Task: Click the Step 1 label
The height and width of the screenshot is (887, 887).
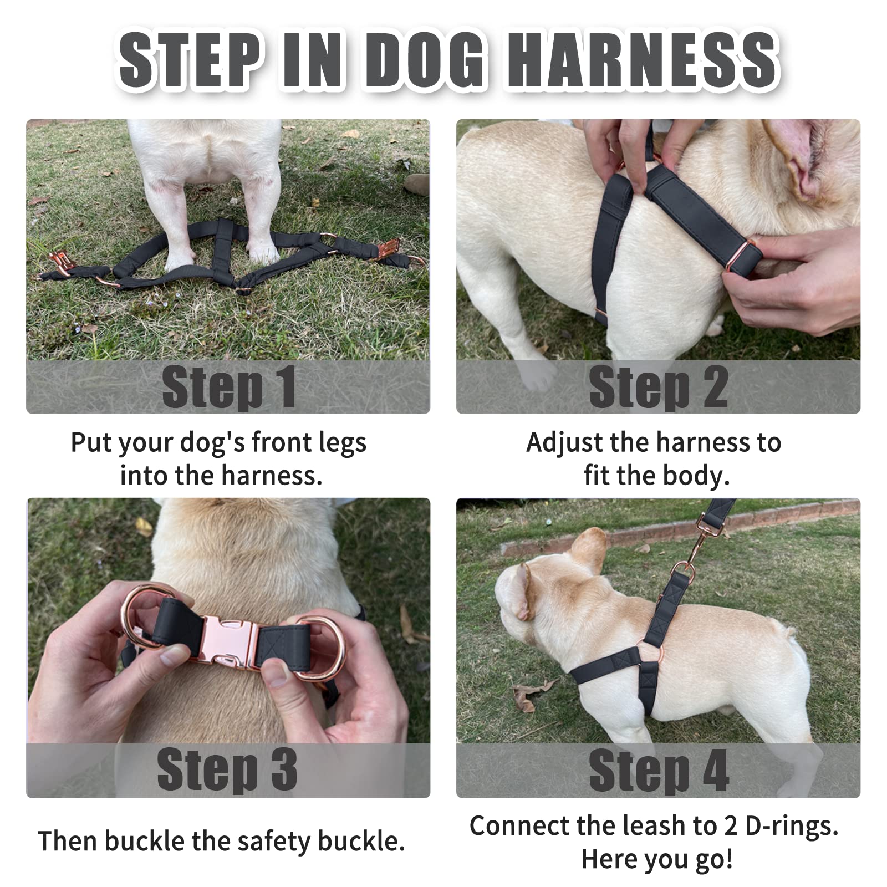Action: click(x=228, y=386)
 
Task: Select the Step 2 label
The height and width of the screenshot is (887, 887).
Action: click(x=658, y=386)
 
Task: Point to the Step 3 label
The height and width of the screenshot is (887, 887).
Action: click(x=227, y=769)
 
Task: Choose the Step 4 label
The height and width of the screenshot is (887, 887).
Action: click(x=658, y=771)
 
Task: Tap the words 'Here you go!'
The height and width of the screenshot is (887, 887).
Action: click(x=657, y=859)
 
